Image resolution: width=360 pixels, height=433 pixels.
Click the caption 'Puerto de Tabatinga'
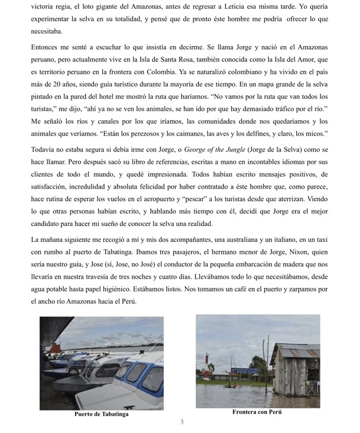point(101,414)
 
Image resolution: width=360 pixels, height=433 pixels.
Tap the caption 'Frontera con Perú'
point(257,412)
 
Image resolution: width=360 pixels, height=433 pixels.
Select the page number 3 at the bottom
point(182,422)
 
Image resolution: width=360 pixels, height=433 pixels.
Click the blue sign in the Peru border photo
point(245,370)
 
